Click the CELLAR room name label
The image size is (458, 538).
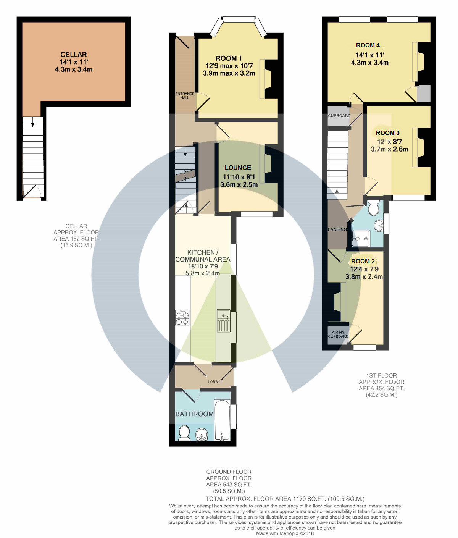tap(74, 54)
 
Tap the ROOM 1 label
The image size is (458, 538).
tap(229, 58)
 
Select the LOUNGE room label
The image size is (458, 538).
tap(238, 168)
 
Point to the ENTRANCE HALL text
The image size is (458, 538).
tap(185, 95)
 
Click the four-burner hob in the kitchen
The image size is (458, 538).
tap(182, 318)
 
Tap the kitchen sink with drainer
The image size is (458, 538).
tap(224, 321)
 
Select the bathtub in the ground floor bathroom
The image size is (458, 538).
tap(222, 420)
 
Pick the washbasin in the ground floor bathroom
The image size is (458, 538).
tap(202, 435)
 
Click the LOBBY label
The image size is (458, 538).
tap(214, 381)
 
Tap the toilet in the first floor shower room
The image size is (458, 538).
tap(374, 207)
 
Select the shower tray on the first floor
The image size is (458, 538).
tap(360, 238)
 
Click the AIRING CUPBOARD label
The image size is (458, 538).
tap(338, 334)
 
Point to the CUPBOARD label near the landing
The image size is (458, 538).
tap(339, 116)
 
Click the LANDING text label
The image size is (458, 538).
tap(337, 229)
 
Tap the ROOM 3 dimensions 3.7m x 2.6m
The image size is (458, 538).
tap(389, 149)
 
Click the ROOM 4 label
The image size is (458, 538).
tap(368, 45)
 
